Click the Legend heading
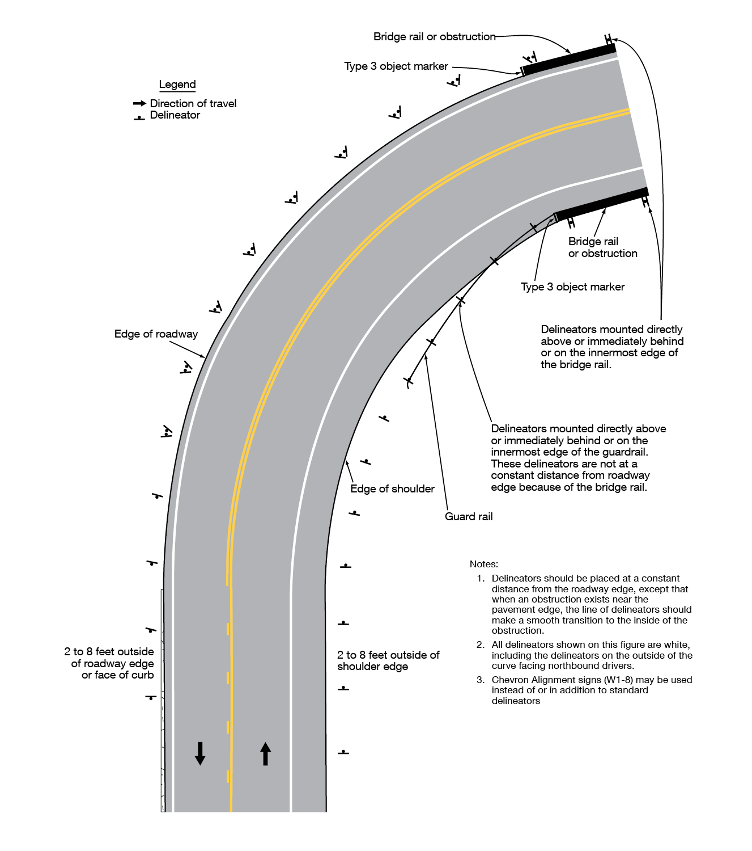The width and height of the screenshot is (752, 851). [x=177, y=85]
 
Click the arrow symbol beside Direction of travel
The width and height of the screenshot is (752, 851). [x=139, y=103]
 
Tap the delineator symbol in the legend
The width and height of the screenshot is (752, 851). [x=139, y=117]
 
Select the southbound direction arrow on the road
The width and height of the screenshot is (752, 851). [x=200, y=753]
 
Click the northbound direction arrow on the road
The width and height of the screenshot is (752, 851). [x=265, y=754]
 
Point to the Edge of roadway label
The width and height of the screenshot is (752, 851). [x=156, y=334]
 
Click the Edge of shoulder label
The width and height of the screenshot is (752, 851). [x=392, y=489]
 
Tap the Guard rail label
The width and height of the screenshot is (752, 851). [x=469, y=517]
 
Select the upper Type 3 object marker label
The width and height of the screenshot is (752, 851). [x=396, y=66]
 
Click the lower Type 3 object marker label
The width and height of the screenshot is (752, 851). [x=572, y=287]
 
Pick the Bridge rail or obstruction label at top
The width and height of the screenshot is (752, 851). [x=434, y=37]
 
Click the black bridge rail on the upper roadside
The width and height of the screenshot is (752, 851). [x=568, y=60]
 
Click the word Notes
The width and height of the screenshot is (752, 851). [x=483, y=564]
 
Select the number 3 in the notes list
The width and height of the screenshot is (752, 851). [x=480, y=680]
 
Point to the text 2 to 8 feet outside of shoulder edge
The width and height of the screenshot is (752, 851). [x=388, y=661]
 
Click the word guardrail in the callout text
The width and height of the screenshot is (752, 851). [x=623, y=452]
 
